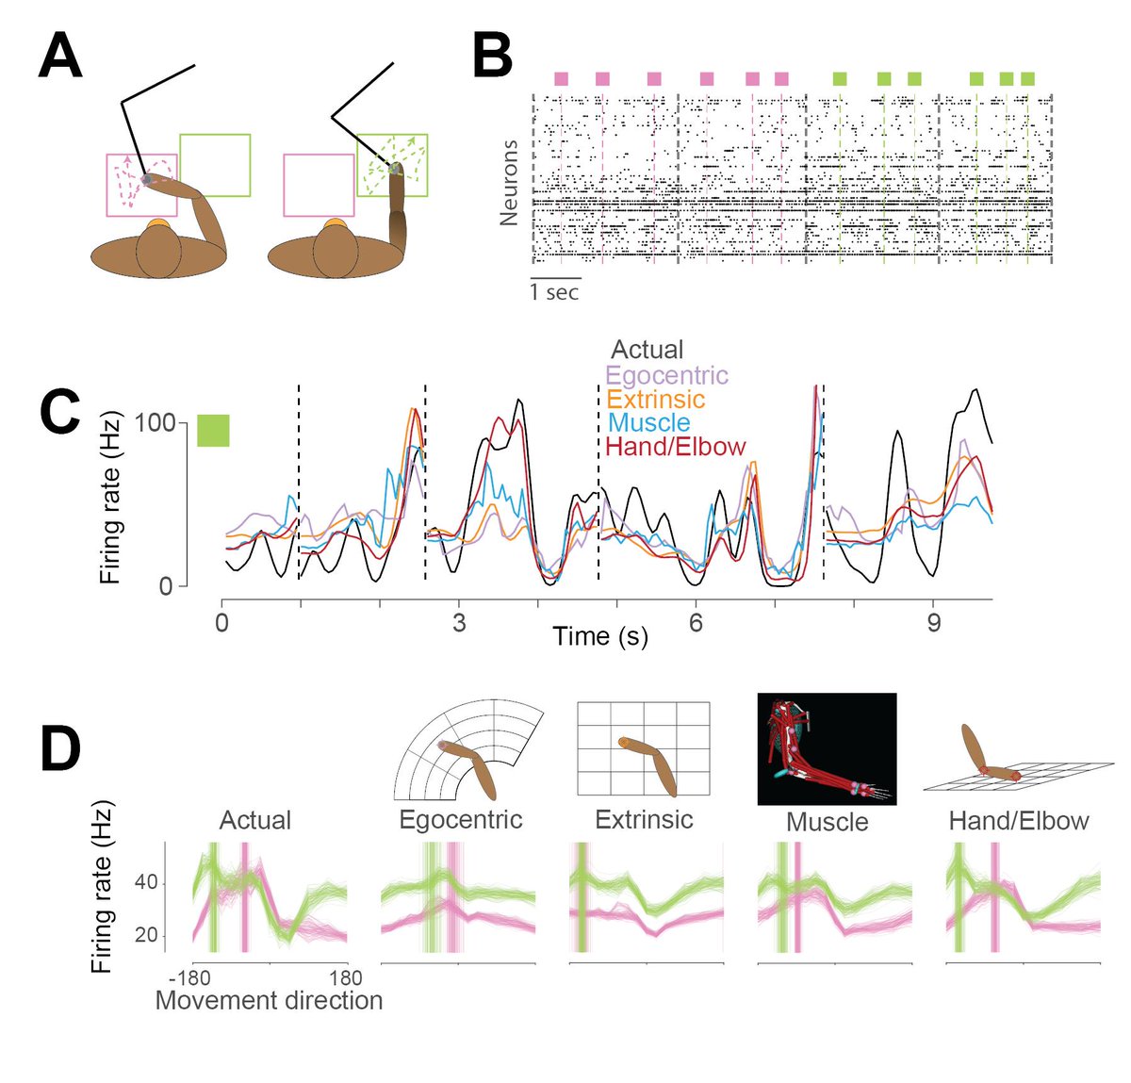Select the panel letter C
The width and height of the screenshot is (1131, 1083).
pos(59,416)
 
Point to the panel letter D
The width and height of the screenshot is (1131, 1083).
pos(59,747)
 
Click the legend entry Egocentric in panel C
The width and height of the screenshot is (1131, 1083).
pos(667,375)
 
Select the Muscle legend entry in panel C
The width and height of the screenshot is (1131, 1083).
pos(648,423)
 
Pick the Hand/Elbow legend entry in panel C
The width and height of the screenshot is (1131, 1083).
pos(676,447)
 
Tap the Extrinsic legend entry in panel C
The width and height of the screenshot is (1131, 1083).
pos(655,399)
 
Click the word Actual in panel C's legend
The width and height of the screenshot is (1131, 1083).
pos(647,351)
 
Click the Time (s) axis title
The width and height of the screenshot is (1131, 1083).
pos(600,636)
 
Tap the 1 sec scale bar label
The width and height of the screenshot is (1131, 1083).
pos(554,292)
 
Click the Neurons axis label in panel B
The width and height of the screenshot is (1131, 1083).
pos(510,183)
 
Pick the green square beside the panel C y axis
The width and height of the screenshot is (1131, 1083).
pos(213,430)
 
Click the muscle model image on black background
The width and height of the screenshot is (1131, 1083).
pos(827,749)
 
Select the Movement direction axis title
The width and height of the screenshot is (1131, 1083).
pos(269,1000)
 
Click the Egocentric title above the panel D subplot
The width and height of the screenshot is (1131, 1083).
pos(461,819)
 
